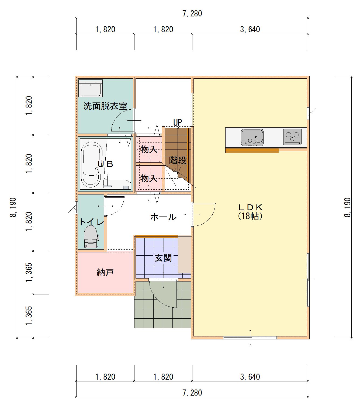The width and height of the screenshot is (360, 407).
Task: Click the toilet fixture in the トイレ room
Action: (91, 237)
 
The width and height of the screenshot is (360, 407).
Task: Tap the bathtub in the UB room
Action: (92, 165)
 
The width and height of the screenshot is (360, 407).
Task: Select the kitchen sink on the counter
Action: (252, 138)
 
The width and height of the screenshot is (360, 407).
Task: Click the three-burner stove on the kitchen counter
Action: (292, 137)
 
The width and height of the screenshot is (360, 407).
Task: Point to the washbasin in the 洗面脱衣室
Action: (91, 88)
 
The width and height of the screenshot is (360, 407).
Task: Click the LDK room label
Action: (250, 207)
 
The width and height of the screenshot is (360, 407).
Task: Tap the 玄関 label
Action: (163, 258)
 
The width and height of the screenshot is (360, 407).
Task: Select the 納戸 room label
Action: (105, 273)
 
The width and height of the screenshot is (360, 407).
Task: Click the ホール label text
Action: (163, 217)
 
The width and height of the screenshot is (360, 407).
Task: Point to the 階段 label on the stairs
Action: (178, 160)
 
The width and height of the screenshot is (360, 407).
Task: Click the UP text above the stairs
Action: (178, 122)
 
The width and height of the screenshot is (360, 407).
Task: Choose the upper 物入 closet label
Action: (149, 149)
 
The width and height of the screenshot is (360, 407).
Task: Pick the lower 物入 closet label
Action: (149, 178)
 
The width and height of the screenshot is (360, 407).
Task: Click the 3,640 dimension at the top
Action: (250, 30)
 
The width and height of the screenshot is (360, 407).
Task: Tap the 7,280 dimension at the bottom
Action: (192, 393)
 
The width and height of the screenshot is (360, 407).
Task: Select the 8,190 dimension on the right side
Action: (347, 207)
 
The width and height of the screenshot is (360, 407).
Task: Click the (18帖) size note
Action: (250, 216)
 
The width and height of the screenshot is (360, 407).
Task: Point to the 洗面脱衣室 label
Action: (105, 106)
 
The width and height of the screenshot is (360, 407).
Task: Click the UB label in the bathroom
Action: (105, 164)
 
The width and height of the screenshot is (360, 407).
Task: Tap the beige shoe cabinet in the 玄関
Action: (184, 255)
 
